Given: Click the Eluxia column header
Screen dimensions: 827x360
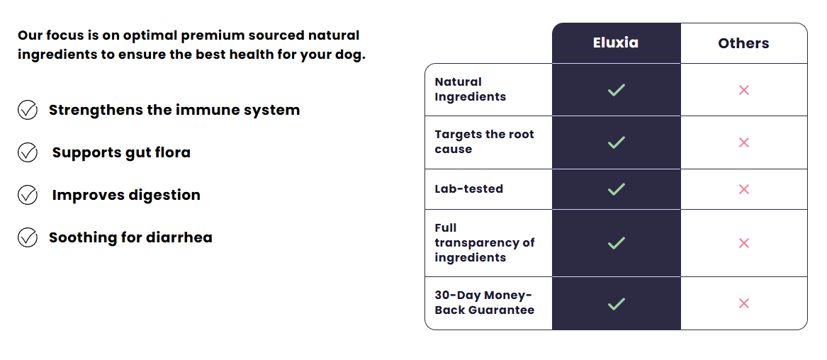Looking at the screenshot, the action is point(616,43).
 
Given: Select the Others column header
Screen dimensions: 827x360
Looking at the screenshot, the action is point(743,43).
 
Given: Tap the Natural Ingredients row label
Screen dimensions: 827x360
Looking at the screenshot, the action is point(470,89).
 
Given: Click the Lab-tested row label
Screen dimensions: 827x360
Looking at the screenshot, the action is point(469,189).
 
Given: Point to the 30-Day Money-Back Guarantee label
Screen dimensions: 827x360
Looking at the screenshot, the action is point(484,303).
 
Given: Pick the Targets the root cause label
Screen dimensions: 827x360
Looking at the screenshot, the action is point(484,142).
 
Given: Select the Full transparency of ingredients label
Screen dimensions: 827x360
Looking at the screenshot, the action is point(484,242).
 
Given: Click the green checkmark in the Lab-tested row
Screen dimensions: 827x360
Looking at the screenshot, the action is point(616,189).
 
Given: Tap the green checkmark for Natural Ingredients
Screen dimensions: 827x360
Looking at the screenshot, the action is point(616,90).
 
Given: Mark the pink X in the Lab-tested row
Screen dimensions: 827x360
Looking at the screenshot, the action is point(743,189).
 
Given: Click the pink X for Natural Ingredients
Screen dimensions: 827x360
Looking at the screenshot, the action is point(743,90).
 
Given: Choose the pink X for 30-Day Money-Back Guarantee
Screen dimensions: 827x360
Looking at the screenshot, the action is point(743,303).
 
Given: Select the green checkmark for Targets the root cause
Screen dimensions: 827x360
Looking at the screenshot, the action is point(616,142).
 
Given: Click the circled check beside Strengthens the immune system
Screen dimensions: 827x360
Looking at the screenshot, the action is point(28,110).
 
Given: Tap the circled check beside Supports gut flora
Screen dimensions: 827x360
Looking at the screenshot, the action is point(28,152).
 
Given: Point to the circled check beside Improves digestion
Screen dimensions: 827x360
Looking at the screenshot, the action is point(28,195).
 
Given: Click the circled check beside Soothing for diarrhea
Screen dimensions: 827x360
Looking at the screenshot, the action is point(28,237).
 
